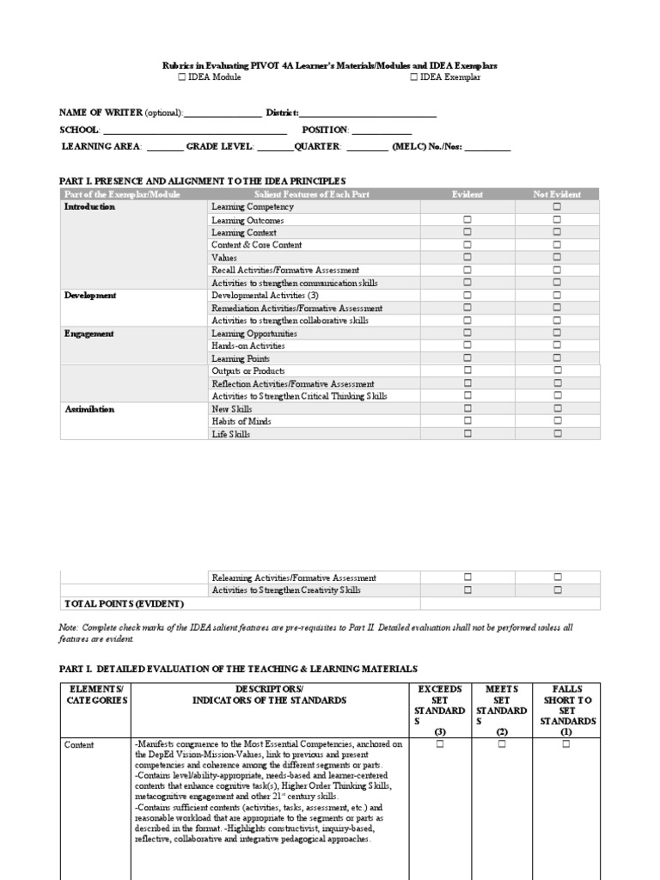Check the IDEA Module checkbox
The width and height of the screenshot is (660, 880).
coord(182,77)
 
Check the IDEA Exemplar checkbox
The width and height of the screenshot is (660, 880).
coord(413,77)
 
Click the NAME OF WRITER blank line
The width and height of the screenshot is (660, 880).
coord(223,113)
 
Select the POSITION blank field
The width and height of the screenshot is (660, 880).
coord(382,131)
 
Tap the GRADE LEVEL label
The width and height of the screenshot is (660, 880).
coord(219,147)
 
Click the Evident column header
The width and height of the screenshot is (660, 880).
coord(467,195)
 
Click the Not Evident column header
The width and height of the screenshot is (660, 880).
coord(557,195)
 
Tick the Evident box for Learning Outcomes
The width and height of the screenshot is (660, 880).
coord(468,220)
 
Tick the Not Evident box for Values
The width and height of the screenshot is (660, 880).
coord(557,257)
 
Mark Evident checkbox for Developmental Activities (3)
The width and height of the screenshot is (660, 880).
coord(468,295)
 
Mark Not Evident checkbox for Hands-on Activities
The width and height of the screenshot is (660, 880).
coord(557,345)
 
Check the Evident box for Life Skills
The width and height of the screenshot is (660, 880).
coord(468,434)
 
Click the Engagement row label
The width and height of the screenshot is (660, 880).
coord(89,333)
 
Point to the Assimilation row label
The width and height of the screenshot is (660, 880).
coord(89,409)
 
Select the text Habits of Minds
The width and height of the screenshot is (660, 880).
coord(241,422)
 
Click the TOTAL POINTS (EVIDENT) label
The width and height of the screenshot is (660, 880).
coord(118,603)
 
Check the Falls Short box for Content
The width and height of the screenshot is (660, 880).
coord(566,744)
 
